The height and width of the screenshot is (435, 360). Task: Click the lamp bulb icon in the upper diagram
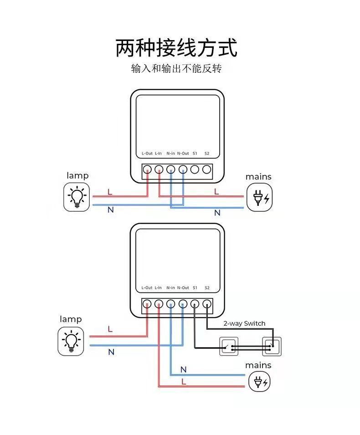tap(77, 197)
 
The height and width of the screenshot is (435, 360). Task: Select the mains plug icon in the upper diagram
tap(259, 197)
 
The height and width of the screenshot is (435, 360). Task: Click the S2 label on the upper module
tap(207, 154)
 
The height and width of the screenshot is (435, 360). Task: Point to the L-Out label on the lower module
tap(147, 288)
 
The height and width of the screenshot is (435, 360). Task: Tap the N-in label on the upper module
tap(171, 154)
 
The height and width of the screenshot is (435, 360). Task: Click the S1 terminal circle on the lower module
tap(195, 304)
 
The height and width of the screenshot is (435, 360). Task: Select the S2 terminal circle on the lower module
tap(207, 304)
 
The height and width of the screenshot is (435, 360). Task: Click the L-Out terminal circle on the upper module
tap(147, 170)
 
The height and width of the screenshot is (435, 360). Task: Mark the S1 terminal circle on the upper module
tap(195, 170)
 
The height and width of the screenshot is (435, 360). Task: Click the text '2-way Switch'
tap(244, 323)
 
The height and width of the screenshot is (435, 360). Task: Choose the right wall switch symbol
tap(272, 347)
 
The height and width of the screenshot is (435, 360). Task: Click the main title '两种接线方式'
tap(176, 48)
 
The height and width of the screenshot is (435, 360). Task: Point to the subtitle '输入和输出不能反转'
tap(176, 69)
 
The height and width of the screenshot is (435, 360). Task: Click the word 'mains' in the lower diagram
tap(258, 365)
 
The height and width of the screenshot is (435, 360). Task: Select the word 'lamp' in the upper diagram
tap(77, 175)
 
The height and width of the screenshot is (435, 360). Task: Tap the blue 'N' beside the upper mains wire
tap(217, 213)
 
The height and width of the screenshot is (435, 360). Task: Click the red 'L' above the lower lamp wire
tap(110, 329)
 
